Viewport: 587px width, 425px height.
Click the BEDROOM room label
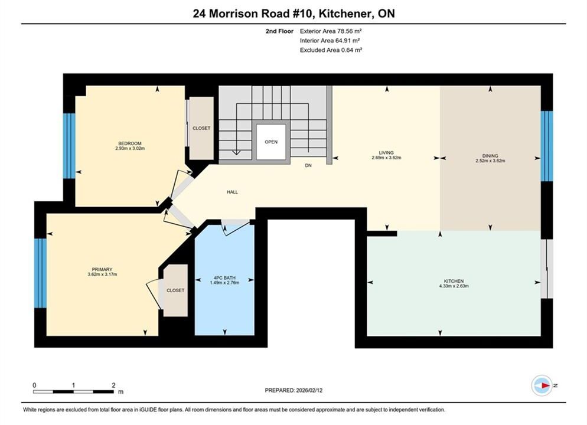click(130, 143)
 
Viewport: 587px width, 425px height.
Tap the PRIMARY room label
click(102, 269)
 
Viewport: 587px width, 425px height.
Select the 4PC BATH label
click(224, 278)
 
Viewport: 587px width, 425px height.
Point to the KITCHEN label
click(454, 281)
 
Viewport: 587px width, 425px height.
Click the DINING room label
click(490, 156)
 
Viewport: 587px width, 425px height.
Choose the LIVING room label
click(386, 153)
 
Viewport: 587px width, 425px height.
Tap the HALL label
click(232, 192)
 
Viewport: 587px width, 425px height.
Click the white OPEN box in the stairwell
click(271, 142)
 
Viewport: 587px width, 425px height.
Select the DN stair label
click(308, 165)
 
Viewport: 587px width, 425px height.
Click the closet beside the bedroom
click(201, 128)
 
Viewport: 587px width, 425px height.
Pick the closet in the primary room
click(175, 290)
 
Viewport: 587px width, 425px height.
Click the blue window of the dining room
click(547, 146)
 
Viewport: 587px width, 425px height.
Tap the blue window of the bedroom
click(69, 146)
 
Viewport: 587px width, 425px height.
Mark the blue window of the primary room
click(40, 273)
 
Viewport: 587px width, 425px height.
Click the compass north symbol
click(543, 385)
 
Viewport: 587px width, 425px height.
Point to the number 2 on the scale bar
click(113, 385)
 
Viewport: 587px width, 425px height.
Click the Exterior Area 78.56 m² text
click(331, 31)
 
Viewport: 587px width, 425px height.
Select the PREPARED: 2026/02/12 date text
click(293, 390)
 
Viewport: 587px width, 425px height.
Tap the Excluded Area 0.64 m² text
click(331, 50)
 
